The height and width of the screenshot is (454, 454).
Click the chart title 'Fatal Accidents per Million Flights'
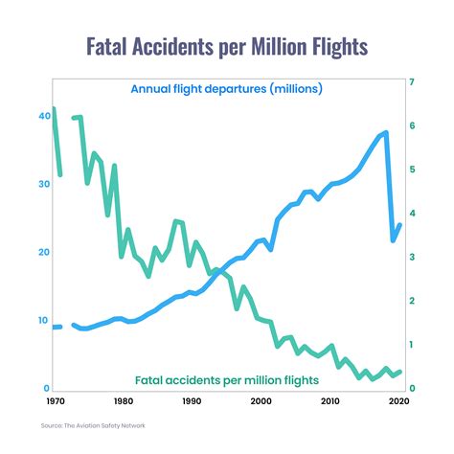227,46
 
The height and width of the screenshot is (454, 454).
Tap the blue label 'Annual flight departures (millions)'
226,89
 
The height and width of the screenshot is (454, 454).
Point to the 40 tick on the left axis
43,116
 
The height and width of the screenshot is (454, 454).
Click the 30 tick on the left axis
43,184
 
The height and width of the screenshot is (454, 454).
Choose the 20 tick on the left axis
43,252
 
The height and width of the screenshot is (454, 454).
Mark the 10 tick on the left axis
43,320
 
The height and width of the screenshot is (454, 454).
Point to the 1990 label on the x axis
192,402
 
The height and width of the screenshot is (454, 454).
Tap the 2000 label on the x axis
261,402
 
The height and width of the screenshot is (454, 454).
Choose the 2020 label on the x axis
398,402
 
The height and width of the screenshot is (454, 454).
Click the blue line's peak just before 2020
386,132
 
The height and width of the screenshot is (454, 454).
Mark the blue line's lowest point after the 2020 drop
393,240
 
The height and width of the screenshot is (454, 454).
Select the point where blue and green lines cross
219,272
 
